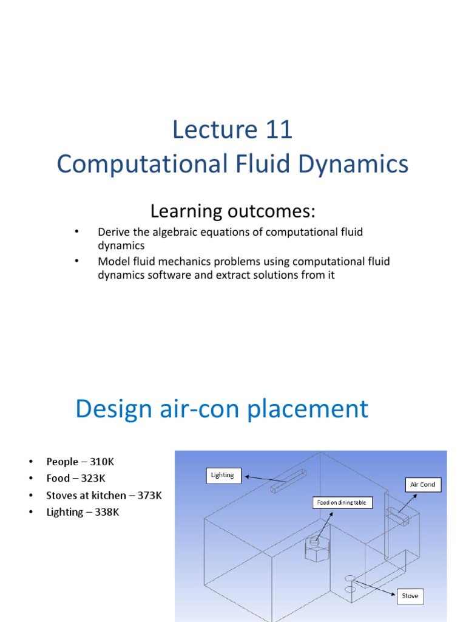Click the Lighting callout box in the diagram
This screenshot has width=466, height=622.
click(222, 475)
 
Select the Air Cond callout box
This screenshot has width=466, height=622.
click(423, 485)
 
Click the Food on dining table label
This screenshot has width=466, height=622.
click(342, 502)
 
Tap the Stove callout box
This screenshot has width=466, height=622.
click(410, 596)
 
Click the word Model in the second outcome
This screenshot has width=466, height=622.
click(112, 262)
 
